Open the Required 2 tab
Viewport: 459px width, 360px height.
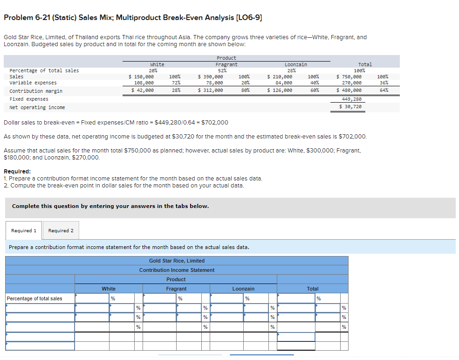pos(61,230)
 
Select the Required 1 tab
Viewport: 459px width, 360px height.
pos(24,230)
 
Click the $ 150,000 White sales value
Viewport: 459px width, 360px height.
pos(141,76)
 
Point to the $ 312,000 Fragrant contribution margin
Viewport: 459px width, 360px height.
pos(211,90)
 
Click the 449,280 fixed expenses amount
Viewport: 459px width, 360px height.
pos(351,99)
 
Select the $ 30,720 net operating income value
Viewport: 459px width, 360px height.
pos(350,107)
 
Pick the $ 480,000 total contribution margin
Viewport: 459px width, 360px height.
pos(349,90)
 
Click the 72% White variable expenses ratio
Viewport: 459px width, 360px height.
pos(176,83)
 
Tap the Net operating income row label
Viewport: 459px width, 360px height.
pos(37,107)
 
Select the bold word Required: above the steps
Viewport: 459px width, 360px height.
pos(17,171)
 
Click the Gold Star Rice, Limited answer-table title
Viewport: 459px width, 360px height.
pos(177,261)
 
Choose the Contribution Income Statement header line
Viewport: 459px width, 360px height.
pos(177,270)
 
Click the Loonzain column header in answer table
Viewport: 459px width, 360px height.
pos(243,289)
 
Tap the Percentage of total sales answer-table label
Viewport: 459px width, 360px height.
pos(34,298)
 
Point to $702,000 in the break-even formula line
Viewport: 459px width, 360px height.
pos(214,123)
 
